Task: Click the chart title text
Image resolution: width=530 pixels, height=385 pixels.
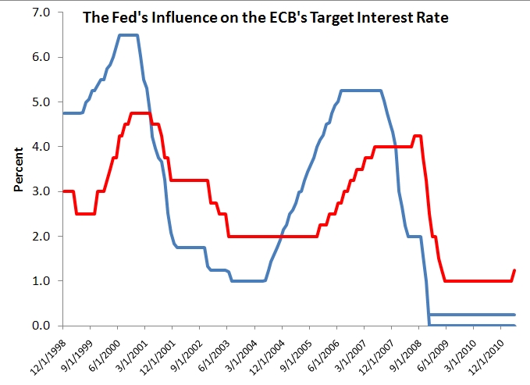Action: [265, 17]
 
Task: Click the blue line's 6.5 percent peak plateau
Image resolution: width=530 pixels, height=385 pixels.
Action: [128, 35]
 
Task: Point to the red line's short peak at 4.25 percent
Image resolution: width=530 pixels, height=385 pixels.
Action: [418, 136]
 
